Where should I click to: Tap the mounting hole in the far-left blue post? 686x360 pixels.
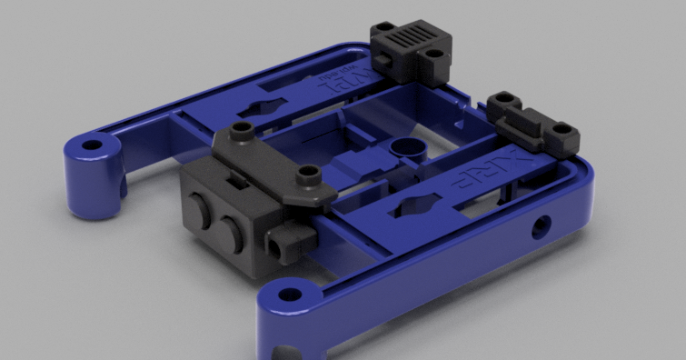coord(92,144)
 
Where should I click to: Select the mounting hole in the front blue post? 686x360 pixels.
coord(290,294)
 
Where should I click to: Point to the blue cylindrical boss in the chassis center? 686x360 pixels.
coord(403,148)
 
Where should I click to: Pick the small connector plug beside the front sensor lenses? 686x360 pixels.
coord(289,241)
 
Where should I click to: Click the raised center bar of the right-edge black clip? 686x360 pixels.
coord(530,116)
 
